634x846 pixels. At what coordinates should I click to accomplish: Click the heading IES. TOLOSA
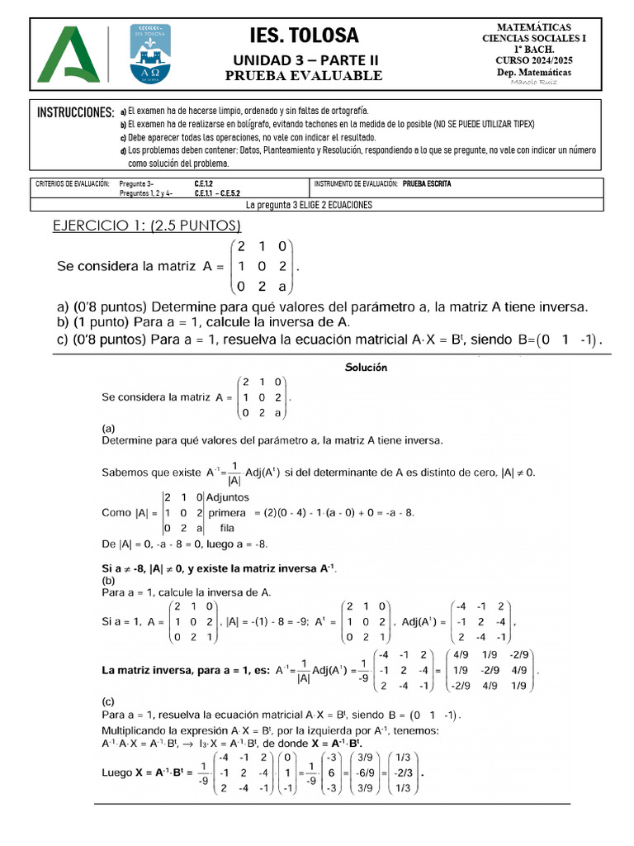(x=305, y=36)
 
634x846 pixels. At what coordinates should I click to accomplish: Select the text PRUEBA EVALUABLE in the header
(x=305, y=76)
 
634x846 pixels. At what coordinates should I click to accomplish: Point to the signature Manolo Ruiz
(x=534, y=83)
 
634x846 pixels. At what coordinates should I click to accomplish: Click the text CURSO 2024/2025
(x=534, y=60)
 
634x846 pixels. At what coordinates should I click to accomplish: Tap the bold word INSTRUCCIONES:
(x=75, y=112)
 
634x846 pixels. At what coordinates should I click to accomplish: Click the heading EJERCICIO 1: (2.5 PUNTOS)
(x=147, y=226)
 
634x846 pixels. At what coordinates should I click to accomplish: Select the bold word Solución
(x=365, y=368)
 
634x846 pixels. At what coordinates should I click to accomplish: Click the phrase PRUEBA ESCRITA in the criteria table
(x=428, y=183)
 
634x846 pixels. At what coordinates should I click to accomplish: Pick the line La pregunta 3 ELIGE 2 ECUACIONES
(x=310, y=205)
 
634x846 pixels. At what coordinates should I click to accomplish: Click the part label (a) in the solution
(x=109, y=429)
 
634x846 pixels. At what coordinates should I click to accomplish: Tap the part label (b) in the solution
(x=109, y=581)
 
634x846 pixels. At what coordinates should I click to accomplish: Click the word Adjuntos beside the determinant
(x=232, y=498)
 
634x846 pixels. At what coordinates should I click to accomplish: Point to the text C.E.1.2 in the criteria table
(x=204, y=183)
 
